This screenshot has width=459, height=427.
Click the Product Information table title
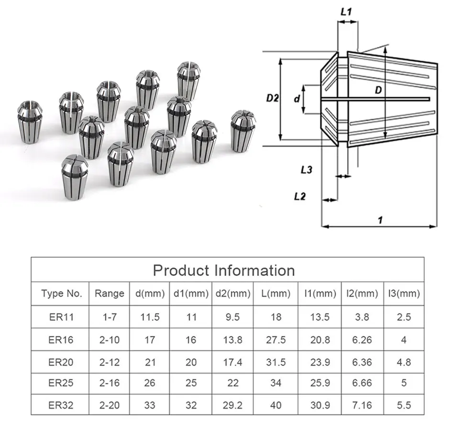pos(224,270)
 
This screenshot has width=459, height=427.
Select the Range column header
pos(109,293)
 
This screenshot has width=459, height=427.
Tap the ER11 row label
pos(61,317)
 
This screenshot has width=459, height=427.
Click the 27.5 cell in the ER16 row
pos(276,340)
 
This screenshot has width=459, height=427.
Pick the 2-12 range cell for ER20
pos(109,362)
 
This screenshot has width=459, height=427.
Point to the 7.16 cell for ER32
pos(362,405)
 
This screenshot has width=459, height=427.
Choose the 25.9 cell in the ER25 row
pos(320,383)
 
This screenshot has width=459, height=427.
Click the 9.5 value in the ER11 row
pos(232,317)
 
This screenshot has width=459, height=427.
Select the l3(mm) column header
pos(404,293)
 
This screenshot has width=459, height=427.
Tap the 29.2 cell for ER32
pos(232,405)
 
